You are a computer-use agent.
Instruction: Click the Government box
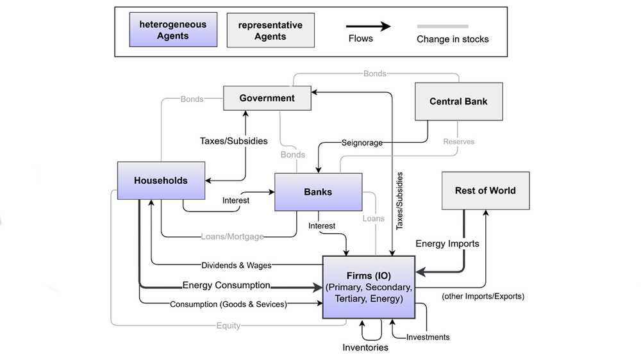267,98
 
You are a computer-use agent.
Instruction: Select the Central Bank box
458,101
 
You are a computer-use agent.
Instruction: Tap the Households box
161,180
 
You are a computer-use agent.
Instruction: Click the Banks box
318,192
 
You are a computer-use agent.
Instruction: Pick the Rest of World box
485,190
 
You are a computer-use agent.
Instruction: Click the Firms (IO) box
369,287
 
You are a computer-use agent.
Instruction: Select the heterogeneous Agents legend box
173,30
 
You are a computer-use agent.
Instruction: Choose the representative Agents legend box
270,30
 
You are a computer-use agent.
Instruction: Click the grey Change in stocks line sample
442,26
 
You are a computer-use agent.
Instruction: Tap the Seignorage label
362,143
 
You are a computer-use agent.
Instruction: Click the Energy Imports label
447,243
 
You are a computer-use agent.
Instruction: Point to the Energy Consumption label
226,286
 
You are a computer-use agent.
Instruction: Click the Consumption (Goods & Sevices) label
228,304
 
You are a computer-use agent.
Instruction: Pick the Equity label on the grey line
228,325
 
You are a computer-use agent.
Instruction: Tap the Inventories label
364,347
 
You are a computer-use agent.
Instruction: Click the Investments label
428,337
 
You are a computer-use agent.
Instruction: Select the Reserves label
459,141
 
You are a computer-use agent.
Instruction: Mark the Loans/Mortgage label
232,236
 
